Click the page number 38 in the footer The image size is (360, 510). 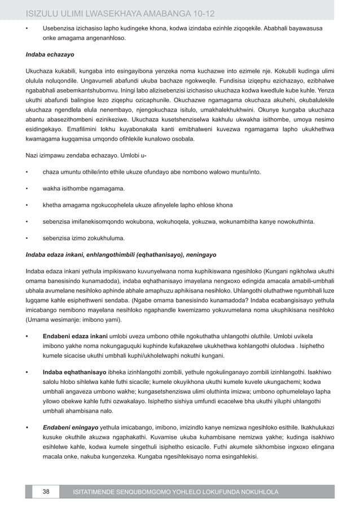pyautogui.click(x=46, y=492)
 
